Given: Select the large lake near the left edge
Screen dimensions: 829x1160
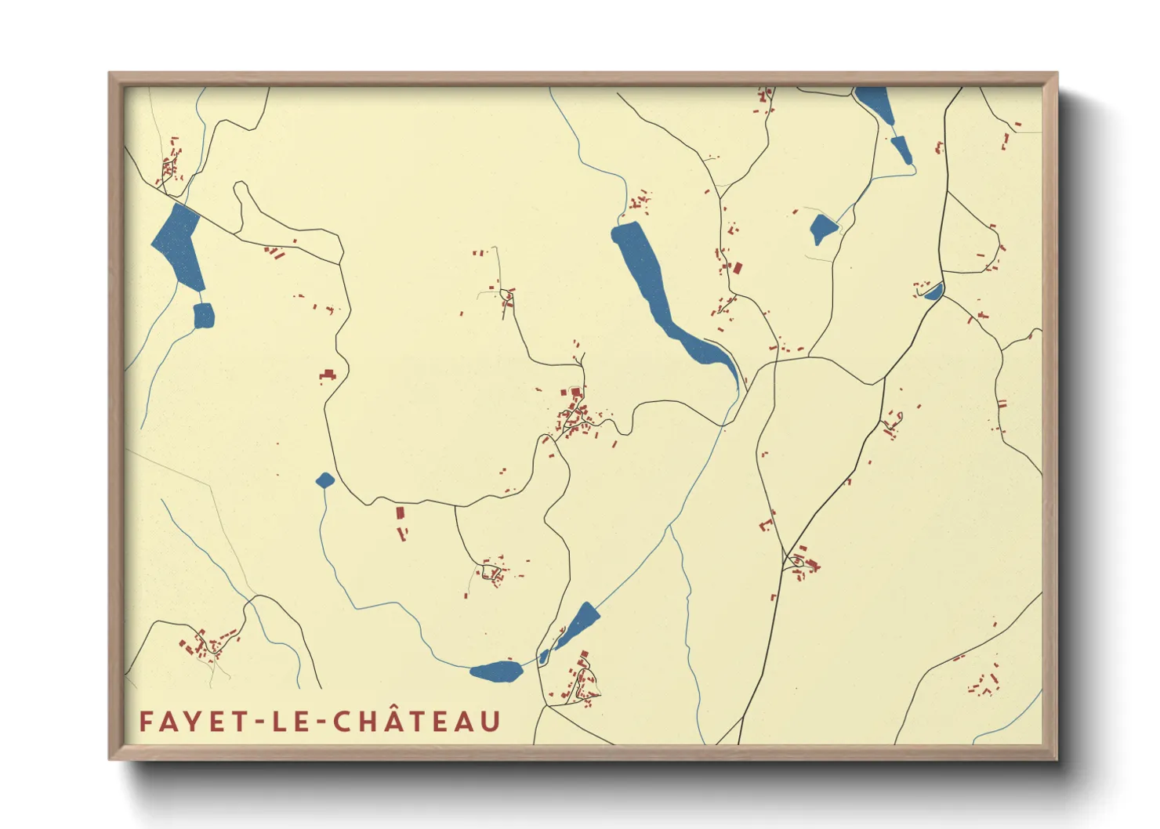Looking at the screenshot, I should [x=179, y=243].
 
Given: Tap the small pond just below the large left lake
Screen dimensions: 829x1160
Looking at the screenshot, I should [x=203, y=316].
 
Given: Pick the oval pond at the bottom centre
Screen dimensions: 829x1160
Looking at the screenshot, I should [x=496, y=672].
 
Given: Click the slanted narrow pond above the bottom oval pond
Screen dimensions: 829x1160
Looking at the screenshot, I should [x=578, y=624].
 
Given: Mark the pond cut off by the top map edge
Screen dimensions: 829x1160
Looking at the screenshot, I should [x=874, y=102].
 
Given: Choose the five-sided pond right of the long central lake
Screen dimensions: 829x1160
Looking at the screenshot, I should [x=822, y=229].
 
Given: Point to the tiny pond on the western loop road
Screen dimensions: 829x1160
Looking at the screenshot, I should [x=324, y=480].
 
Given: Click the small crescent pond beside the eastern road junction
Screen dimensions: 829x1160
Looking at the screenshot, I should [x=933, y=292].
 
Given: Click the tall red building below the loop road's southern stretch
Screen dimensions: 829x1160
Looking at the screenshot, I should [x=400, y=513].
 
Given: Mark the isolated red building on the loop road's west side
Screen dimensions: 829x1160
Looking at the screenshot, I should [x=328, y=375].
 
